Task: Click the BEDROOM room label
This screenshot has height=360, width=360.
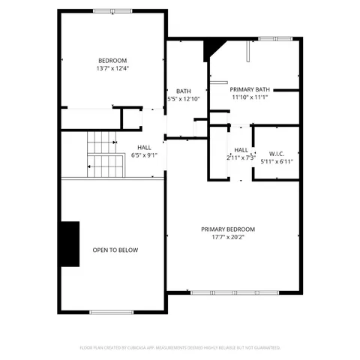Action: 112,61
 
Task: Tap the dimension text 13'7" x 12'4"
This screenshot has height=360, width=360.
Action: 112,69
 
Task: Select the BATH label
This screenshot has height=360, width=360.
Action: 183,91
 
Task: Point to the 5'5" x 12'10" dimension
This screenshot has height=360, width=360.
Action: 184,99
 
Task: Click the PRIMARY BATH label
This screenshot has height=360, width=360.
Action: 250,88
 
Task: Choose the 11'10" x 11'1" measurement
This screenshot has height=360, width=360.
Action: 250,97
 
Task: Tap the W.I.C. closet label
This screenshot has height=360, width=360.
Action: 276,152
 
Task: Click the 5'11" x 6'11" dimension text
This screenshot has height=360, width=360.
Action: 276,160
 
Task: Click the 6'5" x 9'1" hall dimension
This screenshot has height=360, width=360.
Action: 144,155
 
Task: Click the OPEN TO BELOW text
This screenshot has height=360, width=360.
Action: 115,250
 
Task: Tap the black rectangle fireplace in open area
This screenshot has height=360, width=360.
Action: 70,244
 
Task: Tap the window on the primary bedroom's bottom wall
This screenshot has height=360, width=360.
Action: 234,292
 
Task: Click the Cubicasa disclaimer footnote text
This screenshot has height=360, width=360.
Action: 180,348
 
